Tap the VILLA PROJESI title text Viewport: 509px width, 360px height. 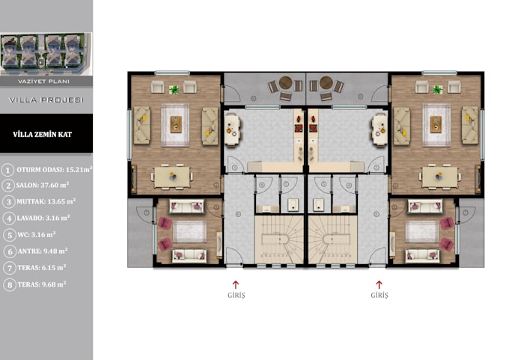click(46, 99)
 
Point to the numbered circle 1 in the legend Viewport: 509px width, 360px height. click(8, 169)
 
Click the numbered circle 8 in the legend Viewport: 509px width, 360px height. click(8, 284)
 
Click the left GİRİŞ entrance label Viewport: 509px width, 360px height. click(235, 296)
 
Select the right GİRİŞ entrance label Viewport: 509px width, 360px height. click(379, 296)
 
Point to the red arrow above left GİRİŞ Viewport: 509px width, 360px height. click(235, 284)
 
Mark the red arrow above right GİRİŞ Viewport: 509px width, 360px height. click(379, 284)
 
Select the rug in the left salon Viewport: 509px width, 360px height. click(175, 120)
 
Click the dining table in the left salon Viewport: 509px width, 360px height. click(171, 176)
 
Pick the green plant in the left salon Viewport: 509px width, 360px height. click(174, 90)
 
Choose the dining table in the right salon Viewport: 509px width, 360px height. click(440, 176)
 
